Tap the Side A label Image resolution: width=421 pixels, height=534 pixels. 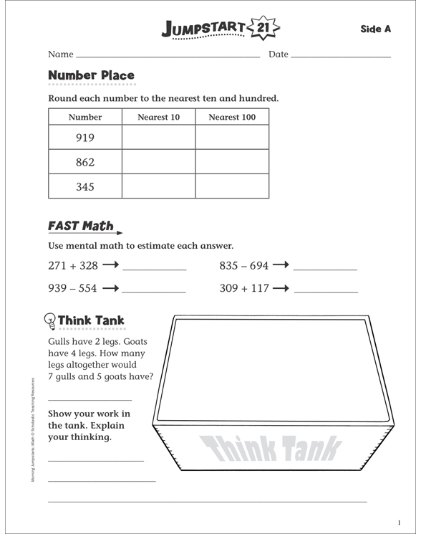(375, 29)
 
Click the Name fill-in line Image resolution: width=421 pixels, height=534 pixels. (168, 56)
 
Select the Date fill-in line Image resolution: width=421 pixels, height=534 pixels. (341, 56)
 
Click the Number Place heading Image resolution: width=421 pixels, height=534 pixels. (91, 75)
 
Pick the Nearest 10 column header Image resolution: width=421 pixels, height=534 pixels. (158, 117)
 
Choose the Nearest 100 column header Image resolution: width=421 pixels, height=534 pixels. (231, 117)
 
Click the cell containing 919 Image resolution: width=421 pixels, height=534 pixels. (84, 138)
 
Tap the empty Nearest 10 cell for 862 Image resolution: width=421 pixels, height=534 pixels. (158, 162)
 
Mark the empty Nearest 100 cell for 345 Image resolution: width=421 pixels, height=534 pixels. (232, 186)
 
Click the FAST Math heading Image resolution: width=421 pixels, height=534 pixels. (80, 226)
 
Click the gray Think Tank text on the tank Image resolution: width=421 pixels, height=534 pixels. (271, 449)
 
